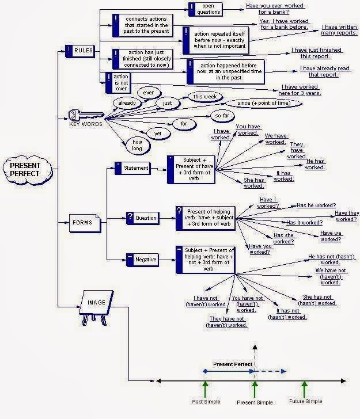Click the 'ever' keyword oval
(x=149, y=93)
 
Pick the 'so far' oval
(x=222, y=116)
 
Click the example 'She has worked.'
(x=253, y=182)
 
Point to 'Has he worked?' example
(x=316, y=205)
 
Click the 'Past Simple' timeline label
(x=205, y=401)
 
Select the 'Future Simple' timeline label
(x=305, y=401)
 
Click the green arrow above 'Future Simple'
(x=305, y=388)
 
